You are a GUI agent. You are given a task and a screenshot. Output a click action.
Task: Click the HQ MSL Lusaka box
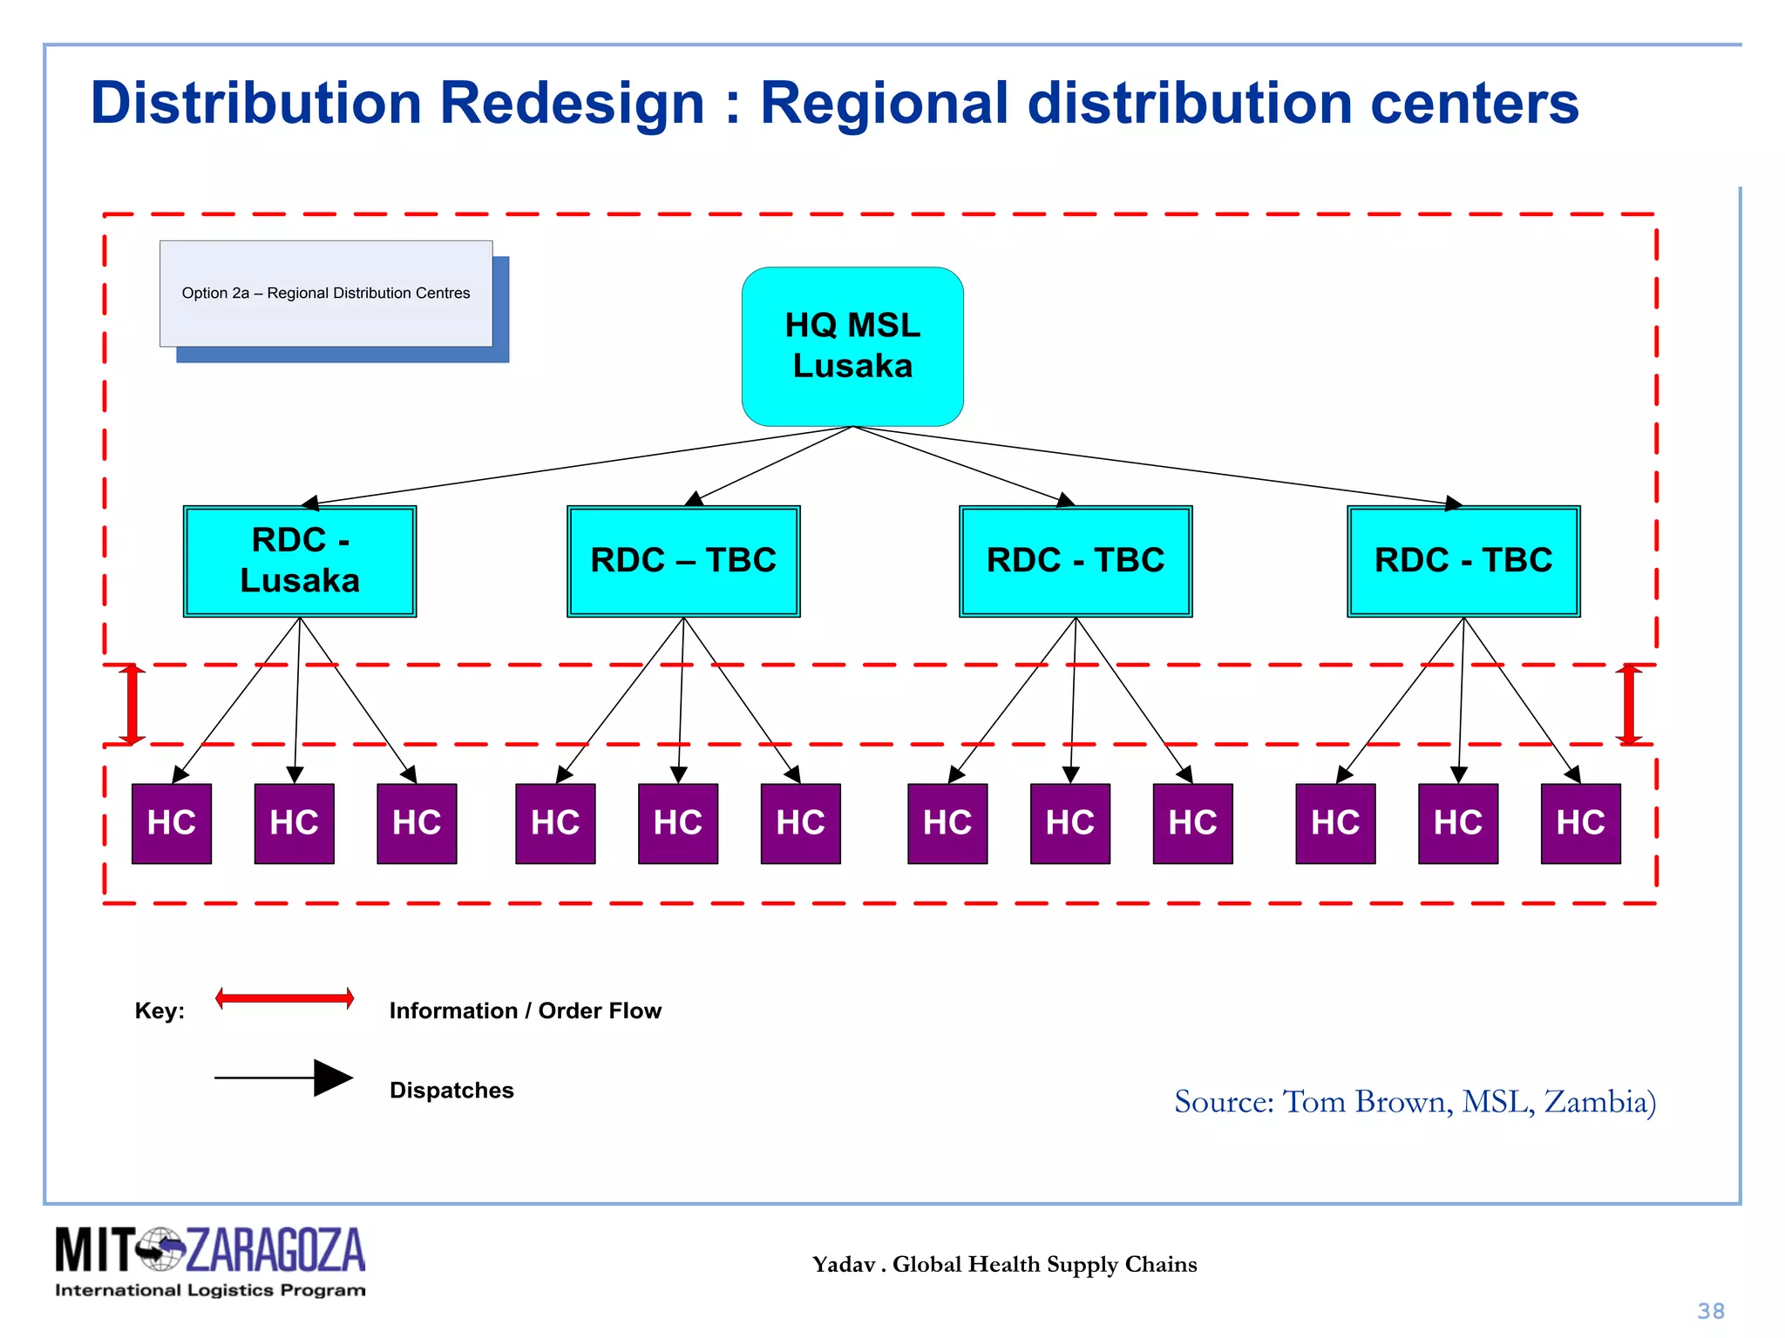852,346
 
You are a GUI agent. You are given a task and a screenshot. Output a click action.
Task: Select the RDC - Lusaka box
300,561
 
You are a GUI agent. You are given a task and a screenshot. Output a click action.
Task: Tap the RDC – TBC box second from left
683,561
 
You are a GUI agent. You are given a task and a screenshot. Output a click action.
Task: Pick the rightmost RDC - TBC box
1463,561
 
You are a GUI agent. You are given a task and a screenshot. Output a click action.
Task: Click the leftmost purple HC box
172,823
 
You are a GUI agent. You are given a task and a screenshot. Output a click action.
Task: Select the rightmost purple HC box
1580,823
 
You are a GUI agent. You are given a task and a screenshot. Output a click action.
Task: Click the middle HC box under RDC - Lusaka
295,823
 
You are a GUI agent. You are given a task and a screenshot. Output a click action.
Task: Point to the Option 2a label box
326,294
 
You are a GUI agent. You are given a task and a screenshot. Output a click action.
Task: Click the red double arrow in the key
285,998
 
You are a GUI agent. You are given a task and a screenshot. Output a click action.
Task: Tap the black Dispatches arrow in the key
285,1078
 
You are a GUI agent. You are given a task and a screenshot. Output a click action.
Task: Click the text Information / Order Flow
525,1010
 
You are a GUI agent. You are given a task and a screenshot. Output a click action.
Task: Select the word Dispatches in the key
451,1091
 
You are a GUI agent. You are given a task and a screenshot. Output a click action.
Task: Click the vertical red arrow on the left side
132,704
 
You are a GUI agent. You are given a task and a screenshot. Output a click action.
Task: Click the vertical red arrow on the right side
1628,704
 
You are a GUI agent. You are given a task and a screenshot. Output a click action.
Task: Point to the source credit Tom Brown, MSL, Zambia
1415,1102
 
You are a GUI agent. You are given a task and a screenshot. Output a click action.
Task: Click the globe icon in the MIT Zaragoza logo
160,1249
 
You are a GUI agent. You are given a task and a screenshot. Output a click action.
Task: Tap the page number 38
1711,1311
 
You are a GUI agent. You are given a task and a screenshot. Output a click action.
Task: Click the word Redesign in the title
572,103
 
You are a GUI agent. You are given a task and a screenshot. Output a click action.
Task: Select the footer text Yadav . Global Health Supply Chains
1004,1264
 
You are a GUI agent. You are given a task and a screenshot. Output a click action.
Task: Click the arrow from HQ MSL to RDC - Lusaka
575,466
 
